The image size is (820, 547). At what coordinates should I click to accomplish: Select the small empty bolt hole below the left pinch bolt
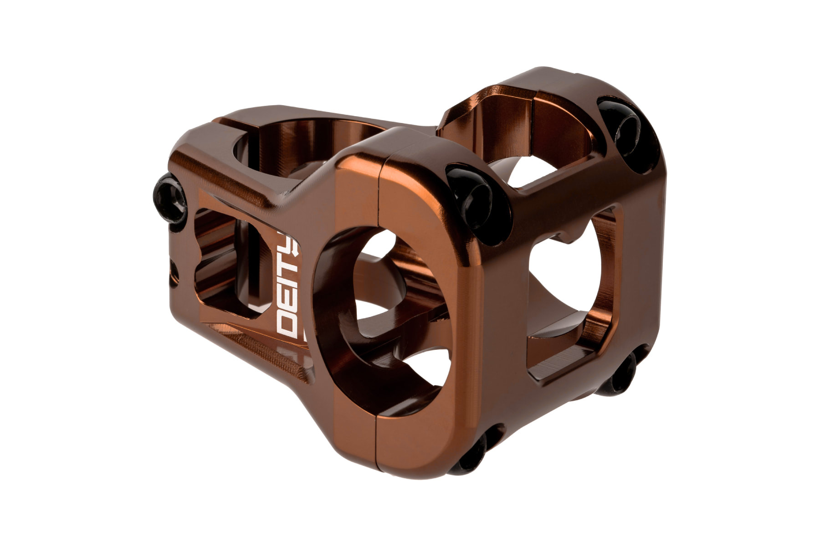pyautogui.click(x=173, y=273)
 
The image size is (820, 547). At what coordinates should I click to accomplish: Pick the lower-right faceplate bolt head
pyautogui.click(x=620, y=373)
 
